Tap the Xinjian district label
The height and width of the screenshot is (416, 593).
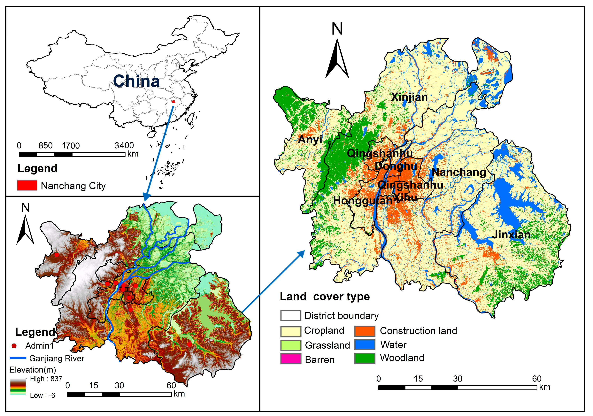coord(409,97)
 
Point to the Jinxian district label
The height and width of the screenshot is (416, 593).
coord(511,235)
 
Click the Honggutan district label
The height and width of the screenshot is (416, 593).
coord(362,201)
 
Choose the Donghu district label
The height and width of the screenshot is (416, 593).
coord(396,166)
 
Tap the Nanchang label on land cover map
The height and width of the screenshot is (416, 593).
coord(459,172)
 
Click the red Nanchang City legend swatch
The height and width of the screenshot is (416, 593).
coord(27,185)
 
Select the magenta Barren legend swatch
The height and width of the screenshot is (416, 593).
coord(291,359)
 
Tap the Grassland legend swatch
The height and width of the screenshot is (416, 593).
coord(291,345)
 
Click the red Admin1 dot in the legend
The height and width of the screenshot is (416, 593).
coord(14,346)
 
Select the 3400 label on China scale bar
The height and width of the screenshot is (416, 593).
coord(124,145)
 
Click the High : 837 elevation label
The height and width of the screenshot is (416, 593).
coord(46,379)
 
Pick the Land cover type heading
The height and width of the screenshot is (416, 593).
coord(325,297)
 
